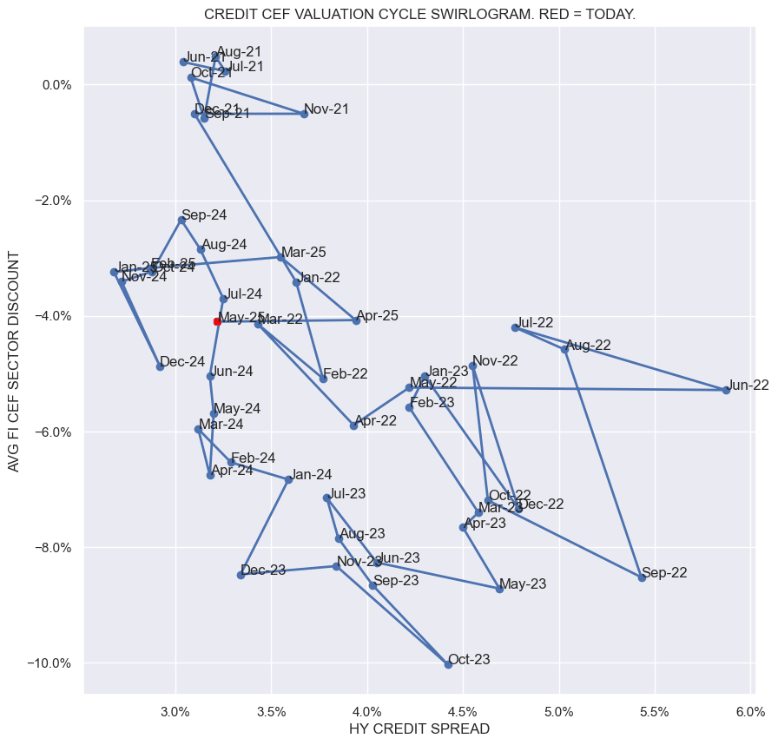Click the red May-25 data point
point(217,321)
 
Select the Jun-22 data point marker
point(726,390)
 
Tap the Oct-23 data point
point(448,664)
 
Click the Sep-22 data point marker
point(642,577)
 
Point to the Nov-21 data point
point(304,114)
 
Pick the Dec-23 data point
point(241,575)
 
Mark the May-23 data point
point(499,589)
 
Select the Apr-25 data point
point(356,320)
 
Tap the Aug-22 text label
point(588,345)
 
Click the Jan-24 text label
point(312,474)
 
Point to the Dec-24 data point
point(160,366)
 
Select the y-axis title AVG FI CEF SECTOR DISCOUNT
point(14,362)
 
